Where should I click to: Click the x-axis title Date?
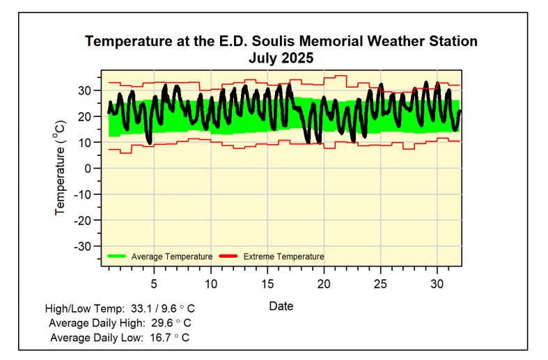pyautogui.click(x=281, y=306)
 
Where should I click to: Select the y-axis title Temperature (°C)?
pyautogui.click(x=61, y=168)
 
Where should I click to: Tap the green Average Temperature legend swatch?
pyautogui.click(x=117, y=256)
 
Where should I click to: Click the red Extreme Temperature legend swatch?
pyautogui.click(x=229, y=256)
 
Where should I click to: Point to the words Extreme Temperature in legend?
pyautogui.click(x=283, y=256)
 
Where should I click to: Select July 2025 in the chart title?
pyautogui.click(x=281, y=58)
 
